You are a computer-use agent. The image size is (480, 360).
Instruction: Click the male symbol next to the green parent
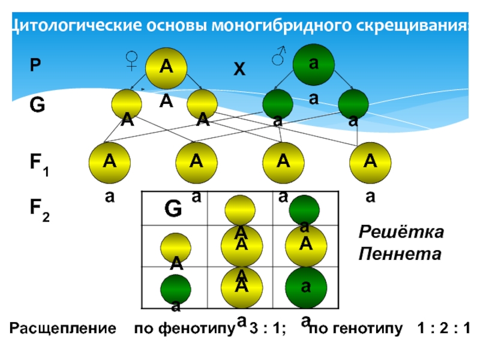point(278,56)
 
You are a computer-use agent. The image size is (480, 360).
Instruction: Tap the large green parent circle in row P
point(313,64)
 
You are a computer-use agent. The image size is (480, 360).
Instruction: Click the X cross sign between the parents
point(239,70)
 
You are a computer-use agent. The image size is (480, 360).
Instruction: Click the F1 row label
point(40,164)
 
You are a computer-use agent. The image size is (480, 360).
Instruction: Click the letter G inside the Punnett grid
point(173,209)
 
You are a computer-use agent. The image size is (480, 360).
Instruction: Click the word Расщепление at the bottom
point(62,328)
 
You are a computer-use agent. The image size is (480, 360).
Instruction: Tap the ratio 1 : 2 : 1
point(446,328)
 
